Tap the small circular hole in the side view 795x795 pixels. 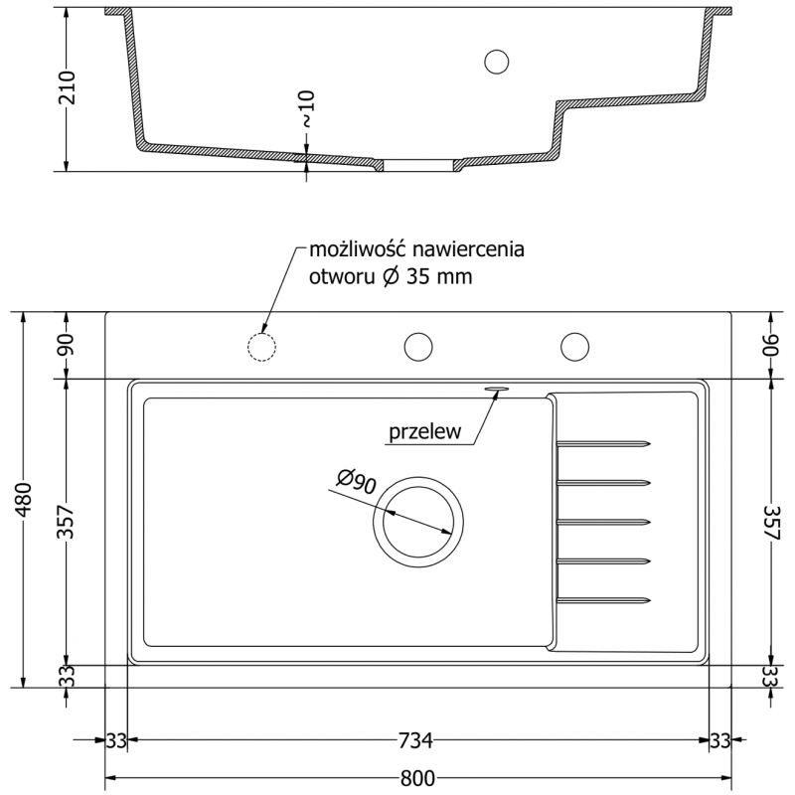495,61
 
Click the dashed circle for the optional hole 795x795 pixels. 261,346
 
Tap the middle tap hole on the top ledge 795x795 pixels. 418,346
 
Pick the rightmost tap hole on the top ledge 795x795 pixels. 574,346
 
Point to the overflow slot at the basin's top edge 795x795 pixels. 497,390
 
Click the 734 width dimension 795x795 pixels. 416,740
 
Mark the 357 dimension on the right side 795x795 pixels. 772,521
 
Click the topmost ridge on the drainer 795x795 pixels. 603,443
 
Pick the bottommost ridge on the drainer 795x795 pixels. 603,599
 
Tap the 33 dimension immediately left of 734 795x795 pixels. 116,740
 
